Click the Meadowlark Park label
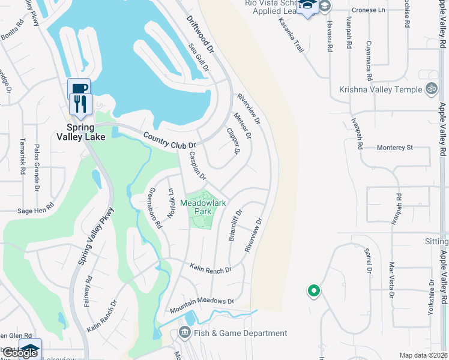pyautogui.click(x=203, y=208)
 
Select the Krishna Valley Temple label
pyautogui.click(x=380, y=89)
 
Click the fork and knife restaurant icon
pyautogui.click(x=79, y=104)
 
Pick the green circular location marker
pyautogui.click(x=313, y=292)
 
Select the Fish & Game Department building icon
pyautogui.click(x=184, y=332)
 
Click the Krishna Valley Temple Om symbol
pyautogui.click(x=430, y=89)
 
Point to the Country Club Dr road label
pyautogui.click(x=170, y=140)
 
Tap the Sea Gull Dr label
pyautogui.click(x=199, y=58)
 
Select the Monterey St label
pyautogui.click(x=395, y=148)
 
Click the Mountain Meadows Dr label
pyautogui.click(x=201, y=305)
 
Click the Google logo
pyautogui.click(x=20, y=353)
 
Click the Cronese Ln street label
pyautogui.click(x=369, y=10)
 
